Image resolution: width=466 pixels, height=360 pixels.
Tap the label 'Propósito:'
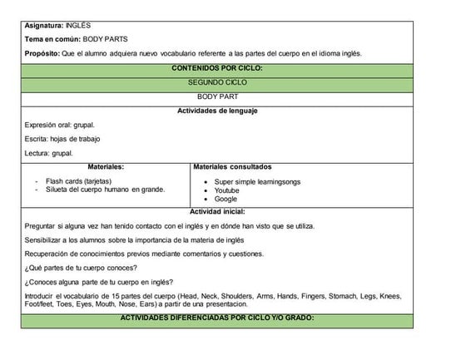click(43, 54)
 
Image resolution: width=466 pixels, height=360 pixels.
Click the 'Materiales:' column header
click(107, 167)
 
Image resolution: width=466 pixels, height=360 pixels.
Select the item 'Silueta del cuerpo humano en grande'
click(105, 190)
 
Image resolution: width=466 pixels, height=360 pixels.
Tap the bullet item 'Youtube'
click(226, 190)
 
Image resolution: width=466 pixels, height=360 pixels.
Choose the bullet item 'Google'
click(226, 200)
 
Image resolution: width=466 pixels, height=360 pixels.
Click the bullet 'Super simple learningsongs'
click(257, 181)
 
